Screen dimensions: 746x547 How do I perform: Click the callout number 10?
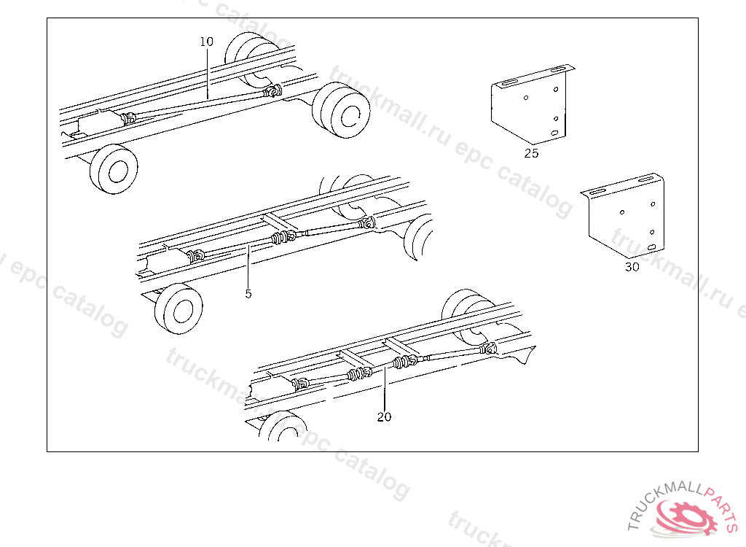click(206, 42)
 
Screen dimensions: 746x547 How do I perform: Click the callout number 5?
click(248, 294)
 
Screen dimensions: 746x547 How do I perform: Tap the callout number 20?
click(385, 417)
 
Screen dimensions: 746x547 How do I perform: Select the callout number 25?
click(531, 153)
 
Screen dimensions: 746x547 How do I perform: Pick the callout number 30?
click(632, 268)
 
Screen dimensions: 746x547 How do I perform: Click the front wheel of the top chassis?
click(114, 169)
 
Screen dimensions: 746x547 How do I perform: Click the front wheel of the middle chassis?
click(178, 309)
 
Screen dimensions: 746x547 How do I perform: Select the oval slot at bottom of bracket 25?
click(554, 133)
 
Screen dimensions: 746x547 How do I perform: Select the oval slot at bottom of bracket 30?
click(652, 247)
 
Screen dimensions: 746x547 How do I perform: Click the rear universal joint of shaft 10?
click(273, 90)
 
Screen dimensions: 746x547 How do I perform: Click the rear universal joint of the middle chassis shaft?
click(367, 222)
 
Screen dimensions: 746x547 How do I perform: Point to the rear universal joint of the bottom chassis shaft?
click(488, 349)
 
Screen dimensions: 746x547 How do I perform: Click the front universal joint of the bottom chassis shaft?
click(301, 383)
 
